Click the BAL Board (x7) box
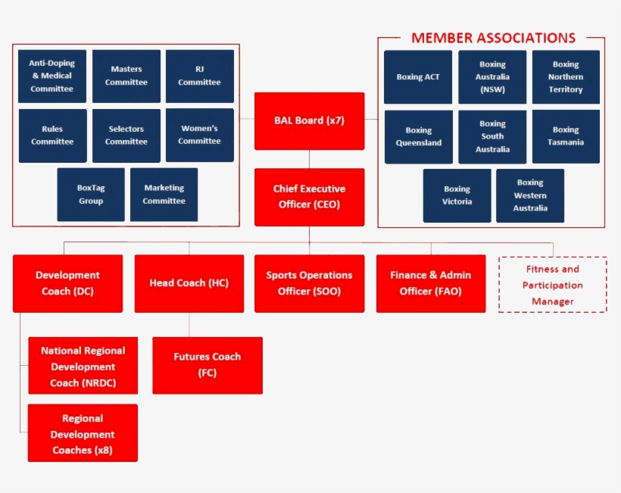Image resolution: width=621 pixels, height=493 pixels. (x=309, y=121)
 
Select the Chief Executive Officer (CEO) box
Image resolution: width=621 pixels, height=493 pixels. (x=309, y=197)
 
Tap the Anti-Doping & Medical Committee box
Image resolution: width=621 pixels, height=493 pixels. (x=52, y=76)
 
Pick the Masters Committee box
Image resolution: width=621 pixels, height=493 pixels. (x=126, y=76)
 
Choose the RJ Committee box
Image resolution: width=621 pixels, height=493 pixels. (x=200, y=76)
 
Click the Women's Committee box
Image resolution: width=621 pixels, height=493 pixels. (x=200, y=135)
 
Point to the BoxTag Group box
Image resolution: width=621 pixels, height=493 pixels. (x=91, y=195)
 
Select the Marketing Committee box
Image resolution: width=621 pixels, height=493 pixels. (x=164, y=195)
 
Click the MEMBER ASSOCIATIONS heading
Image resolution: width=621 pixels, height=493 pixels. (x=493, y=38)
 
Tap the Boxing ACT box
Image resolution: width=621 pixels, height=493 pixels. (x=418, y=77)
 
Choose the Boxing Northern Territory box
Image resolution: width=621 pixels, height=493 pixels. (x=566, y=77)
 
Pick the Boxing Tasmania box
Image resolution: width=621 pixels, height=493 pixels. (x=566, y=136)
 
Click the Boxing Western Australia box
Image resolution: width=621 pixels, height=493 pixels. (x=530, y=195)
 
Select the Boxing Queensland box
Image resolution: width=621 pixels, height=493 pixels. (x=419, y=136)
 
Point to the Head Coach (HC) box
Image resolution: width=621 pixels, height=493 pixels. (x=189, y=283)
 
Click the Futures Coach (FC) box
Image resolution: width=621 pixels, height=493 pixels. (x=208, y=365)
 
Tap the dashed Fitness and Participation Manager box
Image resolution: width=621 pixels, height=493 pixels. (x=553, y=285)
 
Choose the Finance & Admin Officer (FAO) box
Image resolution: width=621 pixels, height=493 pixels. (x=431, y=283)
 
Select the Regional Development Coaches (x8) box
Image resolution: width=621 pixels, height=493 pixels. (x=83, y=433)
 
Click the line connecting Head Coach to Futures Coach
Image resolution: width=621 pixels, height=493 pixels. (x=189, y=325)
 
